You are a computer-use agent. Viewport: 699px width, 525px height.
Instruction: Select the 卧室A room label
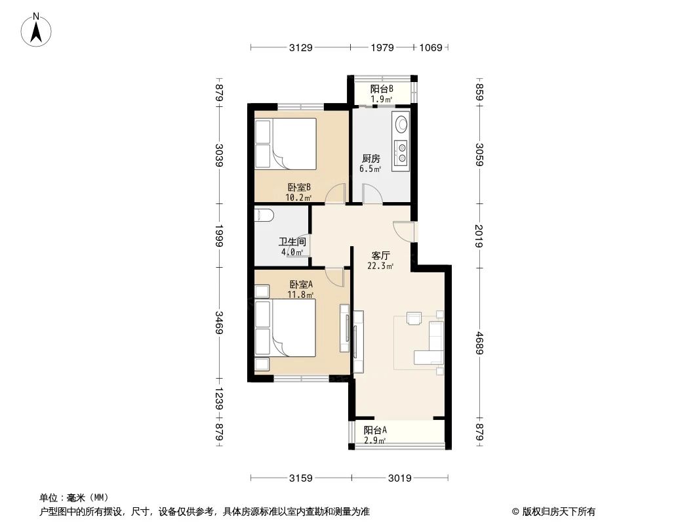point(301,284)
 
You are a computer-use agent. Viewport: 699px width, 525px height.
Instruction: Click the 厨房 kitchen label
point(370,159)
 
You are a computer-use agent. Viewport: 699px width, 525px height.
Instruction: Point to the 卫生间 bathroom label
point(291,241)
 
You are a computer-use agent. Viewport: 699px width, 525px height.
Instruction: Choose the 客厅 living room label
point(381,255)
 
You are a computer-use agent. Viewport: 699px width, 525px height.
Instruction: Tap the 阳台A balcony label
point(376,430)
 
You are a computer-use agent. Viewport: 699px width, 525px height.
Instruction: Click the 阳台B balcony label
point(381,89)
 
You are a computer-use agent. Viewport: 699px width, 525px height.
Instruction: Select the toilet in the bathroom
point(264,215)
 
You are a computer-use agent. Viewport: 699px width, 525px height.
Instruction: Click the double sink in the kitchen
point(400,152)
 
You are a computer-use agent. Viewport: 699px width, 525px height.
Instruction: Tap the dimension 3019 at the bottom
point(399,478)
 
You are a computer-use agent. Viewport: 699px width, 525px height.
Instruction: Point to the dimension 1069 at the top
point(431,47)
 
